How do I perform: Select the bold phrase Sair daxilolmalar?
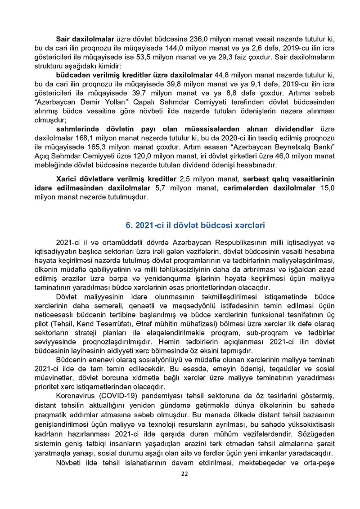85,27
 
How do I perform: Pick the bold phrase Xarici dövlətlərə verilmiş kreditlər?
116,179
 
